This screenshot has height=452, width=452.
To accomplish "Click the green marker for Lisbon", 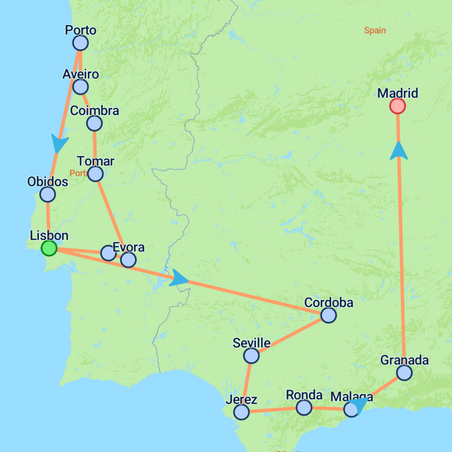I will click(49, 248).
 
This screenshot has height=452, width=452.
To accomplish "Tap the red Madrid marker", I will click(398, 106).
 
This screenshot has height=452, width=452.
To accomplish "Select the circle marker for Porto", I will click(80, 43).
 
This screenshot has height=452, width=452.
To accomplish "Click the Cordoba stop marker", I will click(328, 315).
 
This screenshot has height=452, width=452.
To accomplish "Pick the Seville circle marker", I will click(251, 355).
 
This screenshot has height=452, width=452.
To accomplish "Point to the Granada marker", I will click(404, 373).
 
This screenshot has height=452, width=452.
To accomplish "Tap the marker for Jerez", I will click(241, 412).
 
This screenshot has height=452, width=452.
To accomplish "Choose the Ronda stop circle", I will click(304, 407).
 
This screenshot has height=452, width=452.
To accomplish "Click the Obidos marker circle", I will click(47, 194).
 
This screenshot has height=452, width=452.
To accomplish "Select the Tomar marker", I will click(95, 174).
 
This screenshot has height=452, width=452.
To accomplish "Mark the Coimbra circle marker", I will click(94, 124).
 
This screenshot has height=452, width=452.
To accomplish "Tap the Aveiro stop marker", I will click(80, 87).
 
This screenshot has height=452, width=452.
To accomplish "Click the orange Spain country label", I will click(375, 30).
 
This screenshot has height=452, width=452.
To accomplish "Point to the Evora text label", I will click(128, 247).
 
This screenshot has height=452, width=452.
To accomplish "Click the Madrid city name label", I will click(398, 94).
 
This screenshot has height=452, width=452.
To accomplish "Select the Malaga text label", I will click(351, 396).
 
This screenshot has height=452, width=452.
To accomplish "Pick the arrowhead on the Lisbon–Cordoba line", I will click(179, 278).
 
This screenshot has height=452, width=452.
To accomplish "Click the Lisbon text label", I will click(49, 235).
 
